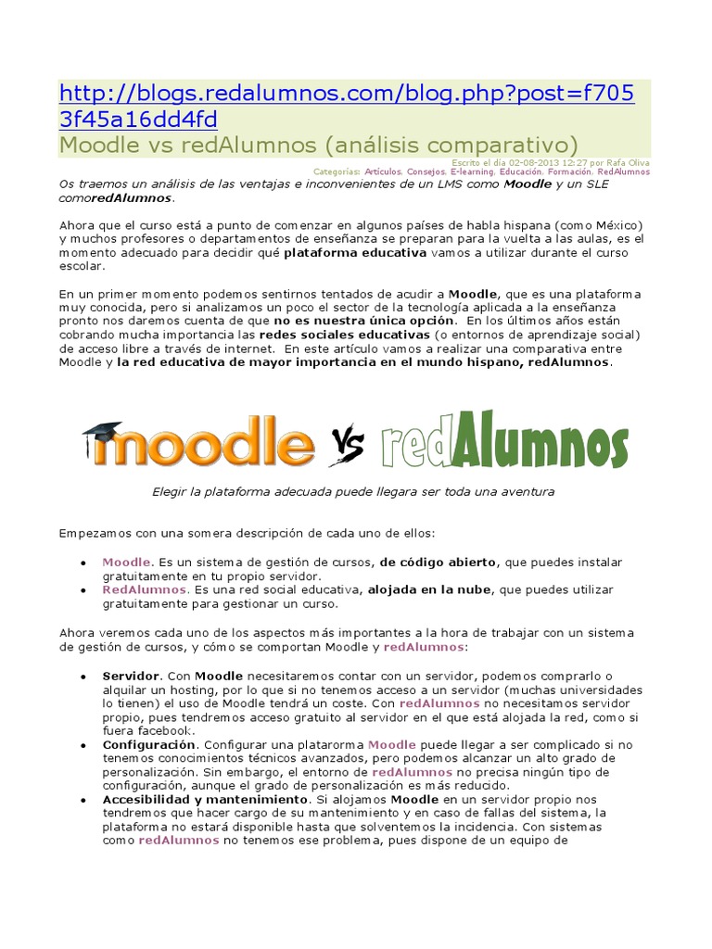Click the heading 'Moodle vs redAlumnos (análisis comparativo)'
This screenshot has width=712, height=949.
coord(318,146)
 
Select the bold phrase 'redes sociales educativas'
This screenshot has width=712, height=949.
coord(344,334)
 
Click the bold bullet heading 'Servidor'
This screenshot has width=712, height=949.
coord(132,676)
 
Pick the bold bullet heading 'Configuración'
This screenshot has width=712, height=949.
coord(149,744)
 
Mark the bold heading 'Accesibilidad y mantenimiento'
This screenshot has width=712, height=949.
coord(205,799)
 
